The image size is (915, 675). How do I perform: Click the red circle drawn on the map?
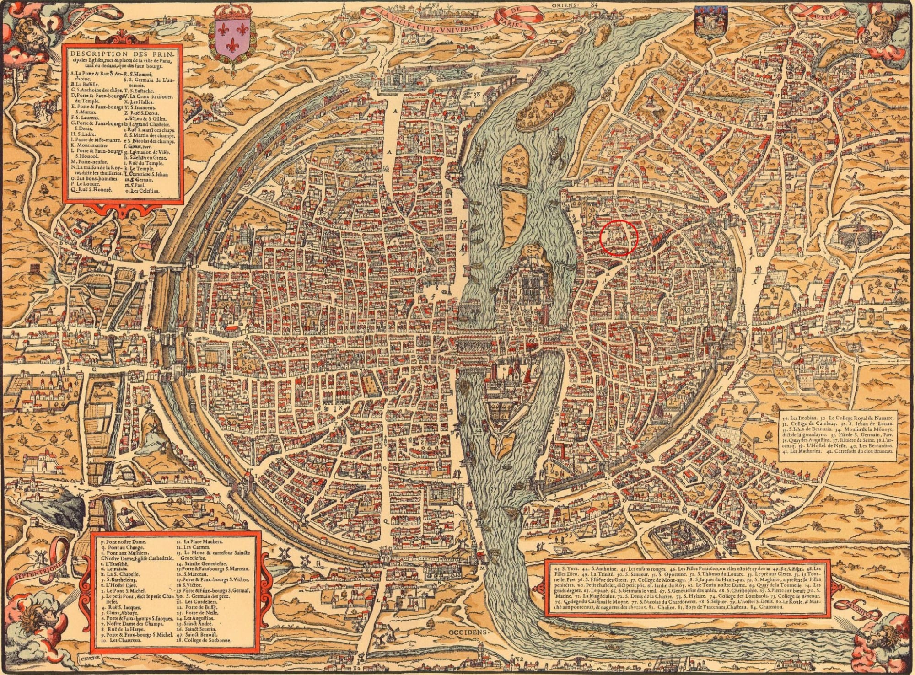coord(619,237)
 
